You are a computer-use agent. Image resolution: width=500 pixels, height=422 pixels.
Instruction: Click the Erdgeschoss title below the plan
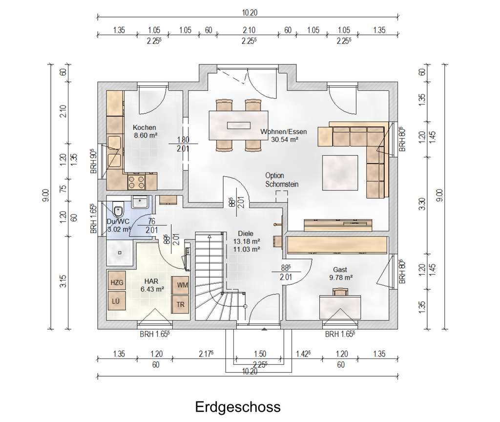[238, 407]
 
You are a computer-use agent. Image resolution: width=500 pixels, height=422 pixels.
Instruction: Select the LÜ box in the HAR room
[117, 301]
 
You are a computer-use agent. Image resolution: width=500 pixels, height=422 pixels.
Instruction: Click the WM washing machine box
[181, 285]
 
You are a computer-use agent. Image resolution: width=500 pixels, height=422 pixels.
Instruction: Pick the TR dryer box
[181, 304]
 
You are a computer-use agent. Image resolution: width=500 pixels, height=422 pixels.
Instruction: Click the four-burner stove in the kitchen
[137, 182]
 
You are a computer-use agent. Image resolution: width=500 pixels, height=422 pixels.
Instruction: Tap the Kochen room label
[145, 127]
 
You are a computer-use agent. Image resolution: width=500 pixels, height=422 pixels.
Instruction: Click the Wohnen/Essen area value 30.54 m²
[285, 139]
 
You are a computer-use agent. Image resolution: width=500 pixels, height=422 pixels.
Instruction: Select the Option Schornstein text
[282, 180]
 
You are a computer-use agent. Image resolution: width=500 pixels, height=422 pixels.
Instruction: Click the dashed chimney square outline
[282, 196]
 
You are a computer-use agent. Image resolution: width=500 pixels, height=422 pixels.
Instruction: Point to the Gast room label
[340, 270]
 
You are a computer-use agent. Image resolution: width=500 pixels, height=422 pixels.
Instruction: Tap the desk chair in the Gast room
[340, 292]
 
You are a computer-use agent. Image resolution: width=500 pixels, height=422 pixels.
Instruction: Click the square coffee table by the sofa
[340, 172]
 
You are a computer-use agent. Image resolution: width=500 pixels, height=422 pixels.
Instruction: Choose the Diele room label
[246, 233]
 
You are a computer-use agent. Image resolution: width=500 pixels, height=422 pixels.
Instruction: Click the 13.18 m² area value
[247, 241]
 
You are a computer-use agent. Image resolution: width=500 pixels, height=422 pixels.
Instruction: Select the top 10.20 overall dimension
[250, 12]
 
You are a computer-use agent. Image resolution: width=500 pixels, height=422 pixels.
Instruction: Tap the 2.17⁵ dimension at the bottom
[206, 354]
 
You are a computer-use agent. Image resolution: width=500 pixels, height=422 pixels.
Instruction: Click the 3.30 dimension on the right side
[422, 204]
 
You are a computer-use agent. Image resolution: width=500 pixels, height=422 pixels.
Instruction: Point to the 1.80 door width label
[184, 140]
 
